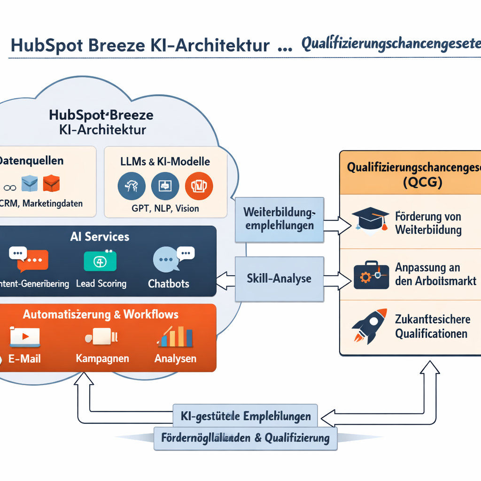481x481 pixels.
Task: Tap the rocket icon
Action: pos(369,326)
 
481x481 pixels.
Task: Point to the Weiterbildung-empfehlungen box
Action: pos(279,219)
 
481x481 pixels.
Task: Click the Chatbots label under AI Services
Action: pos(169,284)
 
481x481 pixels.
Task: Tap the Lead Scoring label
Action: pos(101,284)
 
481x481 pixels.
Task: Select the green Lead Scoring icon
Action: pos(100,261)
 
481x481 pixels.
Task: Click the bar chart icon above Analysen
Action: pos(176,336)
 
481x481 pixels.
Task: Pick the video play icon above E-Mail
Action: pos(25,336)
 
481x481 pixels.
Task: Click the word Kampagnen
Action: pos(102,358)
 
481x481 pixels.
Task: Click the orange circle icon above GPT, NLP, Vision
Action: pos(199,186)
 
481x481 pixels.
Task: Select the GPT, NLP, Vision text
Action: pos(165,208)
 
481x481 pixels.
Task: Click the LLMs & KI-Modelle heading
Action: pos(165,162)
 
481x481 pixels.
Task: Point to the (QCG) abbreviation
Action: pos(410,183)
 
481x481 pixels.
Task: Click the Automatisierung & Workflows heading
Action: pos(101,314)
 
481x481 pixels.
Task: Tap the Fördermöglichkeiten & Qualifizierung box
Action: pos(245,439)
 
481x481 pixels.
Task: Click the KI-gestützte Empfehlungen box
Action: pos(245,416)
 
